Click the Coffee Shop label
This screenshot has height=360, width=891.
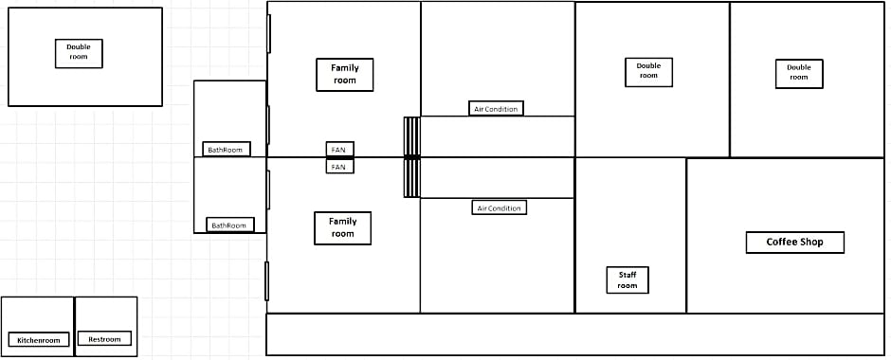pos(794,243)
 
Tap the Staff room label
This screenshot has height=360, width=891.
pos(627,279)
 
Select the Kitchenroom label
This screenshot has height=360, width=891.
pos(39,339)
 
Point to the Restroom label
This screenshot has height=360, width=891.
pos(104,338)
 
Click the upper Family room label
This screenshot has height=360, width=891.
pos(344,75)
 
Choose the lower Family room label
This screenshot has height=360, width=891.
pos(342,228)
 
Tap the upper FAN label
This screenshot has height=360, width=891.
pos(339,150)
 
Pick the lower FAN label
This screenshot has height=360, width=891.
pos(339,167)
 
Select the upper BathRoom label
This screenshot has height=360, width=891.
pos(227,149)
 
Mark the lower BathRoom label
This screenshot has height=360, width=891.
pos(229,225)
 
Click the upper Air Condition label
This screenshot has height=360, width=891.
pos(496,108)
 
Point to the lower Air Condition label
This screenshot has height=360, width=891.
pos(500,207)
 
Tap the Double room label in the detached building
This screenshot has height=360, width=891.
pos(79,53)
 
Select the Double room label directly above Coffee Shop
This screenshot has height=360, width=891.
pos(799,74)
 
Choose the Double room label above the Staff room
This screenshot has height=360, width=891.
pos(649,72)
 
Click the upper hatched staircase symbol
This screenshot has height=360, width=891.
pos(412,136)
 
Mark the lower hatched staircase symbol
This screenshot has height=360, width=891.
pos(412,178)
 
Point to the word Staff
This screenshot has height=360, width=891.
pos(627,275)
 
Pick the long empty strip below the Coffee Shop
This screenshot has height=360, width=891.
pos(575,334)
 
